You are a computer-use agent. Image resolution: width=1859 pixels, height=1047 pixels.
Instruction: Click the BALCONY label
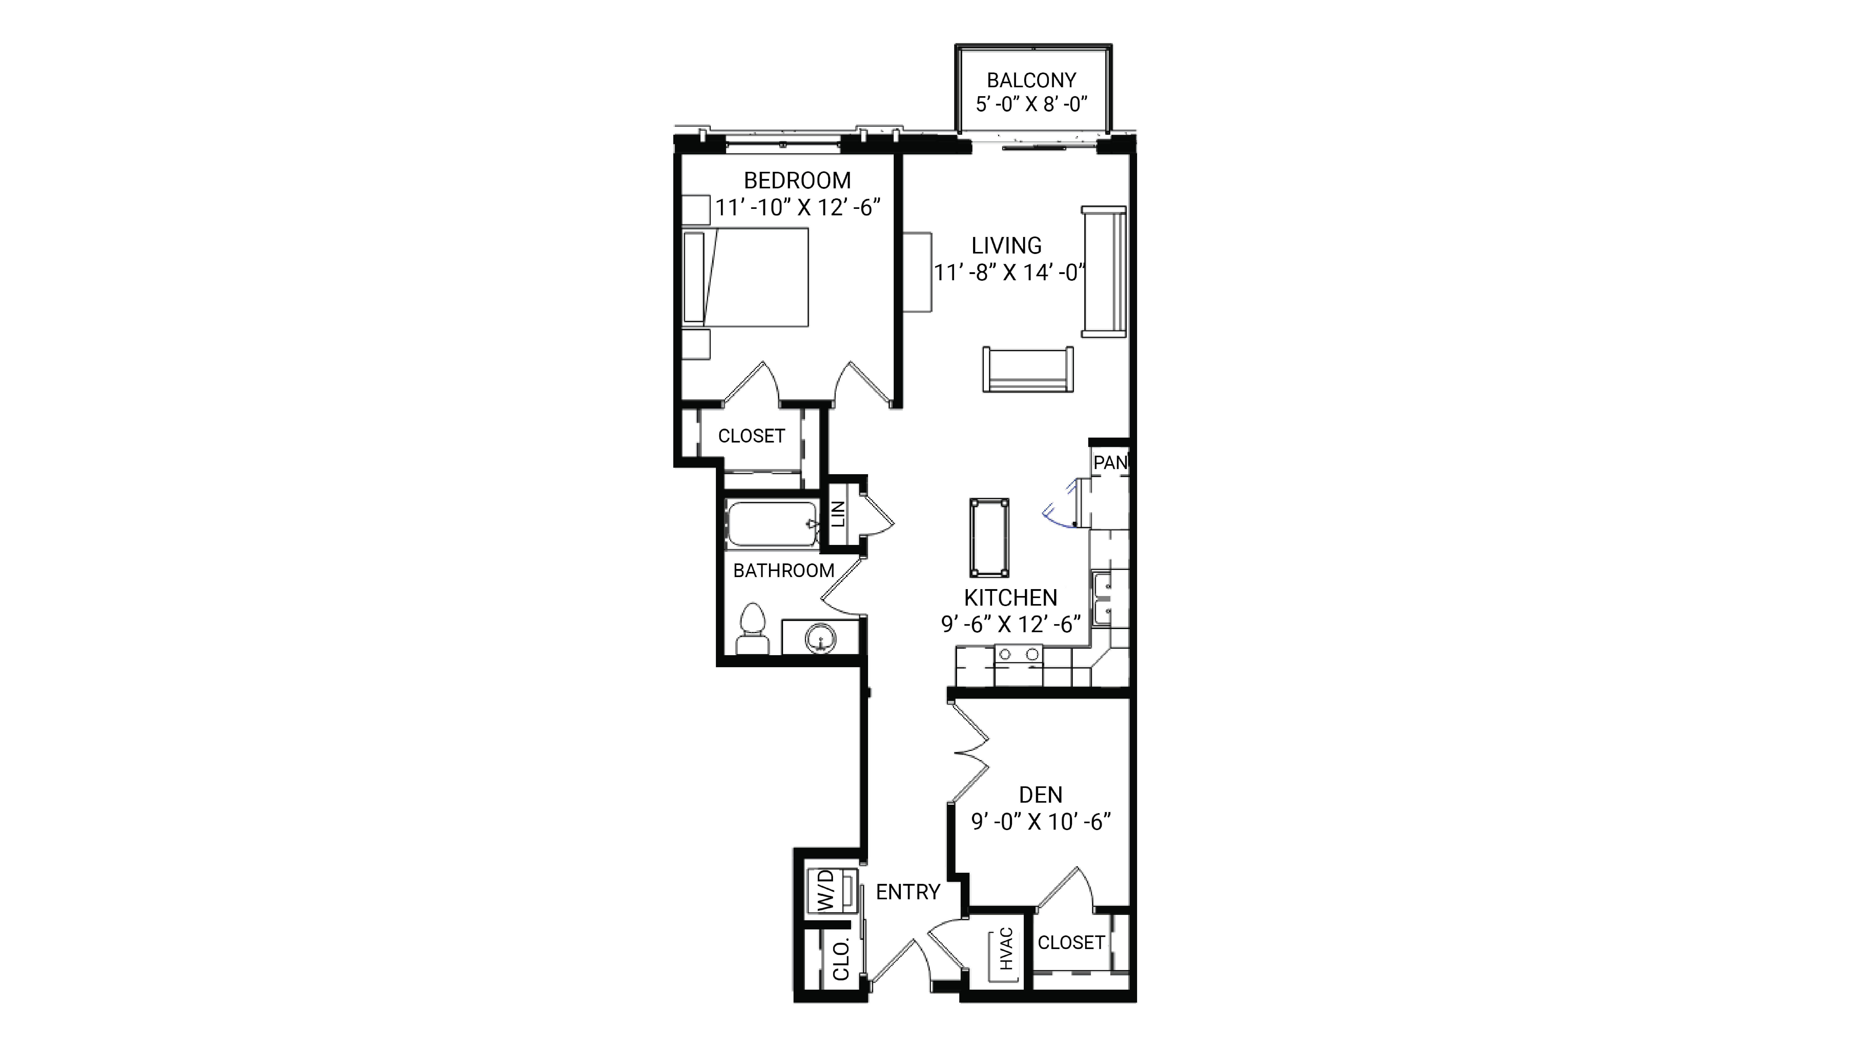(x=1031, y=80)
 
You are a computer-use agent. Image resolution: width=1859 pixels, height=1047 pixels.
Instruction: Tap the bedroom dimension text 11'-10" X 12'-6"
(x=798, y=208)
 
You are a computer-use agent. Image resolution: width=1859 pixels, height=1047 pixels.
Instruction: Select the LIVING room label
(x=1006, y=246)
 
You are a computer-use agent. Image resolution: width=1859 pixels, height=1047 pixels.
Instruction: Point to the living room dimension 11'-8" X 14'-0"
(x=1009, y=273)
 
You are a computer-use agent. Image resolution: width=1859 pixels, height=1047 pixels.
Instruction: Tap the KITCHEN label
(x=1010, y=598)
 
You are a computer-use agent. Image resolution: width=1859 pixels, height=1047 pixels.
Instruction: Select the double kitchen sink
(x=1102, y=598)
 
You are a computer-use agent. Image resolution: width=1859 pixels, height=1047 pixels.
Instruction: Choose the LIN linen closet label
(x=838, y=514)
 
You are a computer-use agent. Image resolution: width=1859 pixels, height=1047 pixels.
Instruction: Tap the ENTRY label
(x=908, y=893)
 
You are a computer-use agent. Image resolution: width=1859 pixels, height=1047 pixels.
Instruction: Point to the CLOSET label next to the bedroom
(x=751, y=436)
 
